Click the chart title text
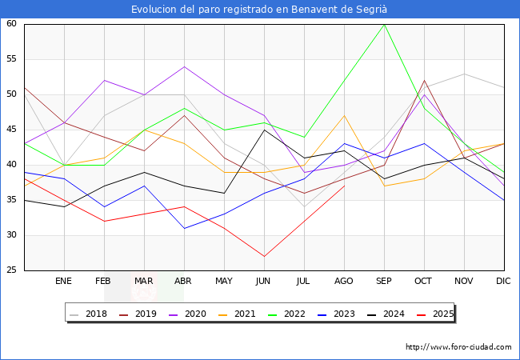260,10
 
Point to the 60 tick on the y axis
12,24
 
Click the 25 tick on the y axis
12,270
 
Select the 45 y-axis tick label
12,130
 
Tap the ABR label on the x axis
184,282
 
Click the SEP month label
384,282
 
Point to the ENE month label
64,282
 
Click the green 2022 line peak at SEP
384,24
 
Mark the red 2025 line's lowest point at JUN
264,256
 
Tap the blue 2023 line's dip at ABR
184,228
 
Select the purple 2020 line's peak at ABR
184,66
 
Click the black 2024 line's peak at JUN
264,130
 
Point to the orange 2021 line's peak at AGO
344,115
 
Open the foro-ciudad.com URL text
458,347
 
